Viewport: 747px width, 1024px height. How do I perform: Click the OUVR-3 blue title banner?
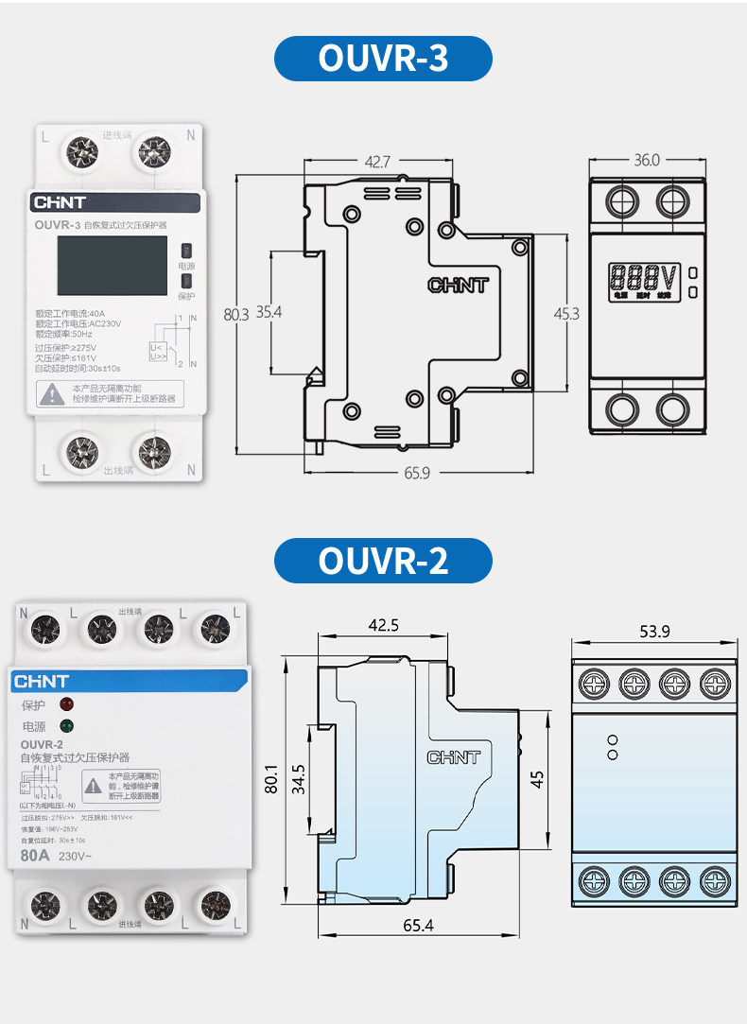click(383, 59)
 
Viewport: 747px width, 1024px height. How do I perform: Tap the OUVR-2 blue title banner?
click(383, 561)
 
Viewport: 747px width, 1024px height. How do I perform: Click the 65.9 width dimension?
click(416, 473)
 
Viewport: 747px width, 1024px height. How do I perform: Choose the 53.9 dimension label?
click(654, 632)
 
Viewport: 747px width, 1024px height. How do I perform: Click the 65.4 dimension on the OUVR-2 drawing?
click(417, 926)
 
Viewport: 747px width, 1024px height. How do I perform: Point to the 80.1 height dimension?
click(272, 778)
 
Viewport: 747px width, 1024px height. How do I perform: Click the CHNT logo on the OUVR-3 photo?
click(60, 202)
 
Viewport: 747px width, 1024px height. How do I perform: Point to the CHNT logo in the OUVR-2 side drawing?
click(454, 757)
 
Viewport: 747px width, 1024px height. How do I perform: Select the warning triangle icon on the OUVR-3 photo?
click(53, 393)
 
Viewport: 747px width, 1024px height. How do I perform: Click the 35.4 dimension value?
click(269, 312)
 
